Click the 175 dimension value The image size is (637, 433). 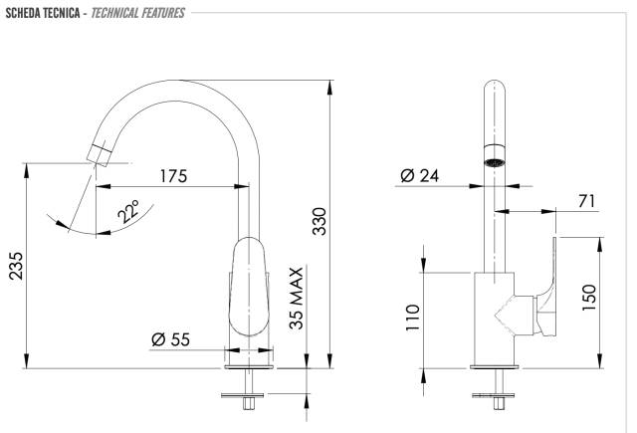173,176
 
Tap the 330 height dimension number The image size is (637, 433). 319,221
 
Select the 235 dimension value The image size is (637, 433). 17,266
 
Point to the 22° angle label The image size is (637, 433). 128,211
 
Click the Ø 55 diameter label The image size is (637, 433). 170,339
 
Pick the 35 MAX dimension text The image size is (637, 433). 297,298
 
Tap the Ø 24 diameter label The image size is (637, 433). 420,176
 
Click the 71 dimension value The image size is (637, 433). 586,201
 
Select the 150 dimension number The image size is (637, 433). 589,298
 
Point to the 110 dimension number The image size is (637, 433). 413,318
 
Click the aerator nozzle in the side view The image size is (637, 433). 100,153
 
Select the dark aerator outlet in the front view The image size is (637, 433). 495,162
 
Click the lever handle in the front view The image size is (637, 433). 547,288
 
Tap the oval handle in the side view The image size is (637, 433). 249,287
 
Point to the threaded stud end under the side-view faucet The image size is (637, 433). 248,403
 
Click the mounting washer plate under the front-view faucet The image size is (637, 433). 494,395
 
